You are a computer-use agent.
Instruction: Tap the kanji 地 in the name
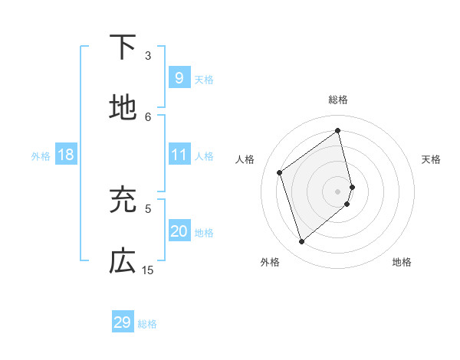point(123,108)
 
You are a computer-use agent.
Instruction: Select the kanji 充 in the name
point(123,200)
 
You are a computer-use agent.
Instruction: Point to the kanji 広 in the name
point(123,261)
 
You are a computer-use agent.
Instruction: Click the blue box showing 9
point(179,77)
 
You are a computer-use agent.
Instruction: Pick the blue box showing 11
point(179,155)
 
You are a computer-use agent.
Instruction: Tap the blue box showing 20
point(179,231)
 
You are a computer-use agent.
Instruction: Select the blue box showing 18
point(66,155)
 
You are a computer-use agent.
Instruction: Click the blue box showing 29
point(123,322)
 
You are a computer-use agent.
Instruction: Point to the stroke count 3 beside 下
point(148,55)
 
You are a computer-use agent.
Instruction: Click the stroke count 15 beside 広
point(148,270)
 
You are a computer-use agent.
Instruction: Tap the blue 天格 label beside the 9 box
point(204,80)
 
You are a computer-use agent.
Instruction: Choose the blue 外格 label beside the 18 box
point(41,156)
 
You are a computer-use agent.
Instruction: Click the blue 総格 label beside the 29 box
point(147,324)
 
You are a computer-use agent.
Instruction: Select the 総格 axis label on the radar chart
point(338,100)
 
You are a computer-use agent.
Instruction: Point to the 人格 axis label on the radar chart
point(245,159)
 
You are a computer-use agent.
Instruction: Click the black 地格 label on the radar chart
point(402,262)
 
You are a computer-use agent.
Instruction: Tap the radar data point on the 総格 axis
point(338,130)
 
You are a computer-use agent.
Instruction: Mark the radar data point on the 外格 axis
point(301,241)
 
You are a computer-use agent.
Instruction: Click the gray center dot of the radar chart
point(338,190)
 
